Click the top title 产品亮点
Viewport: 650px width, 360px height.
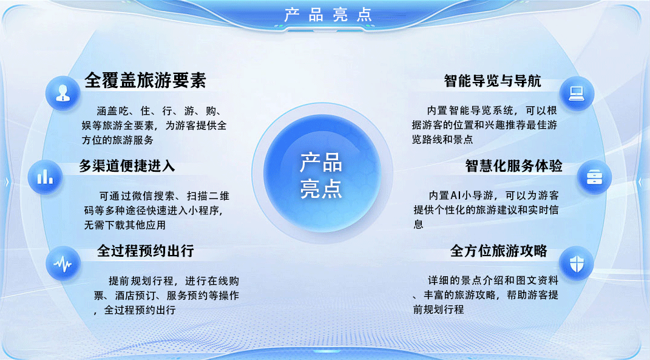[x=328, y=15]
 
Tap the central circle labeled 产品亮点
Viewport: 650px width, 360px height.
[x=321, y=175]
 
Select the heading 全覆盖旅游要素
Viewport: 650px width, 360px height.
[x=146, y=81]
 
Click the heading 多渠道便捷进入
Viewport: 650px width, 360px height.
[x=127, y=166]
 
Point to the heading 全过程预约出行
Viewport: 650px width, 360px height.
[x=146, y=251]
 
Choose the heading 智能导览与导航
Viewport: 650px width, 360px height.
[x=492, y=81]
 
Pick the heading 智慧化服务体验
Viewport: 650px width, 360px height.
[x=513, y=166]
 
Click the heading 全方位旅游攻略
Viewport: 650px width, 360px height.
[x=499, y=251]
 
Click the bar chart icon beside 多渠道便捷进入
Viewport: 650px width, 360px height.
[x=45, y=177]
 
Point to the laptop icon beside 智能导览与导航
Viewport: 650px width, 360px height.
[x=576, y=93]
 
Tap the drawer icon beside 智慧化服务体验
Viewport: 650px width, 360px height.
[x=593, y=177]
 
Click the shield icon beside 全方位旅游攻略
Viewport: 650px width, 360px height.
[x=576, y=263]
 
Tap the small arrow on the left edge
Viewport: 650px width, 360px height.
[x=7, y=180]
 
